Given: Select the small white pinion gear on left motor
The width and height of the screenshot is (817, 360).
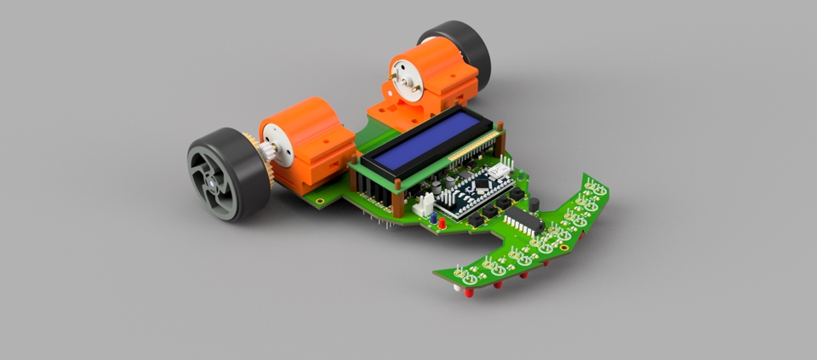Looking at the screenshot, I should pyautogui.click(x=267, y=152).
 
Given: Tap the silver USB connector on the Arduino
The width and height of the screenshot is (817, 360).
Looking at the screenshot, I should pyautogui.click(x=502, y=171).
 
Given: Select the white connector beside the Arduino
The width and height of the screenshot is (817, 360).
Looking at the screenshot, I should pyautogui.click(x=423, y=204).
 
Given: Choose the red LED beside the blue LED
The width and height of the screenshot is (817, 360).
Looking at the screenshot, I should pyautogui.click(x=444, y=223).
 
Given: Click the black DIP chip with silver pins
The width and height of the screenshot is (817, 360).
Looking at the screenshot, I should pyautogui.click(x=524, y=223).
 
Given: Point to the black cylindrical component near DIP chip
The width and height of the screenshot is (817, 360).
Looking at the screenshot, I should pyautogui.click(x=534, y=204).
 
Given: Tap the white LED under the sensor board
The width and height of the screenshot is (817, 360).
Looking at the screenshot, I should pyautogui.click(x=458, y=289).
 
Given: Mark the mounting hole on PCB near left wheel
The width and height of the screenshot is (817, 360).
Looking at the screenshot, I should pyautogui.click(x=318, y=202).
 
